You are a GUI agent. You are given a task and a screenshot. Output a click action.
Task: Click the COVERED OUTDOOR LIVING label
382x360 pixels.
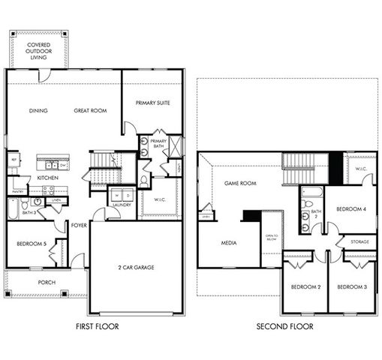[38, 51]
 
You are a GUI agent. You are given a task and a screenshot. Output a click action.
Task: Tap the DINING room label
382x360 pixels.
[38, 111]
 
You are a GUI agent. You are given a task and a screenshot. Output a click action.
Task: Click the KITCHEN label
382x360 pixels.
[47, 178]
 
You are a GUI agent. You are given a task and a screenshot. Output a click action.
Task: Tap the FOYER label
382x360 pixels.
[78, 224]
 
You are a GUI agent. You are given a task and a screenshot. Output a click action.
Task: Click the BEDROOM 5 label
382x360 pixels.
[31, 244]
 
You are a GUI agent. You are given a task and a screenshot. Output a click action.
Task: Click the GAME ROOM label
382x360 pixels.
[240, 183]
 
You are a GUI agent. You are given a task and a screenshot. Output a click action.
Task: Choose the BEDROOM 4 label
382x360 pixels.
[350, 208]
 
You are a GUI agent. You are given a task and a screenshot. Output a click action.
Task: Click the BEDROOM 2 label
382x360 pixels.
[305, 287]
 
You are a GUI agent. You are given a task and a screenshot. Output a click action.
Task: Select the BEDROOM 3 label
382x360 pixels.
[350, 287]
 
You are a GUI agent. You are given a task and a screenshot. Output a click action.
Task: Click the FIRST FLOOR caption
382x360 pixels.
[97, 327]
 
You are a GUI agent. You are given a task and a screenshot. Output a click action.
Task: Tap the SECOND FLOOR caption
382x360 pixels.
[284, 327]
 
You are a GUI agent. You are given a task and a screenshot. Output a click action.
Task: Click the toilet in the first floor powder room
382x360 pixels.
[144, 181]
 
